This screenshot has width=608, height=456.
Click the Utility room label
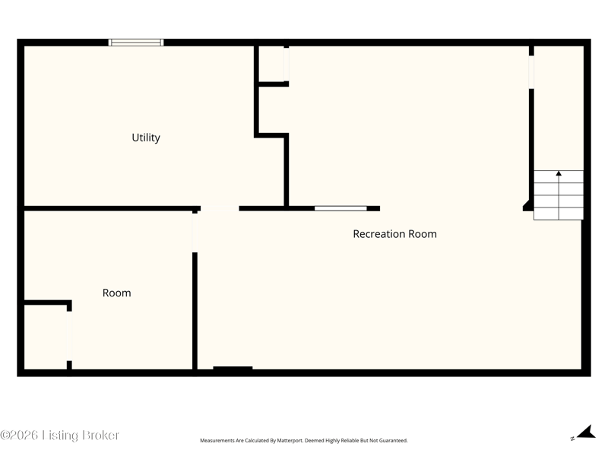[146, 138]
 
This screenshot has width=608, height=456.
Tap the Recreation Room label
[394, 234]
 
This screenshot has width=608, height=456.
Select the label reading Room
[117, 293]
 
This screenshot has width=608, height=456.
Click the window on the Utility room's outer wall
[136, 43]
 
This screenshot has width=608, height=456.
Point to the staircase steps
[559, 195]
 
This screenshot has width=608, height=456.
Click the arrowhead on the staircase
[559, 173]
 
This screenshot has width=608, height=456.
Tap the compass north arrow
[586, 432]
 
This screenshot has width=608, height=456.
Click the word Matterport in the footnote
[290, 441]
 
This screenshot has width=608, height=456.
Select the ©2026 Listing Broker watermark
[59, 435]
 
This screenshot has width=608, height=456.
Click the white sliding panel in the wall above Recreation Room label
[340, 208]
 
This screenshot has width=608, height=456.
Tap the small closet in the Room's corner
[46, 337]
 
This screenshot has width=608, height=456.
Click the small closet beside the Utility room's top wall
[271, 64]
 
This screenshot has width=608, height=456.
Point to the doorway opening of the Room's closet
[69, 336]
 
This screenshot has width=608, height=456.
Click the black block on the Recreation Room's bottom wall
[233, 368]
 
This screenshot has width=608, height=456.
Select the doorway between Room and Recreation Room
[195, 233]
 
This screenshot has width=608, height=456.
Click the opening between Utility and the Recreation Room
[220, 208]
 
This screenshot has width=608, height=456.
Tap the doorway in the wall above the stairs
[531, 72]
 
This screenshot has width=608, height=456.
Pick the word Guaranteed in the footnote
[394, 441]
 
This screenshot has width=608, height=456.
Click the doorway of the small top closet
[287, 65]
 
